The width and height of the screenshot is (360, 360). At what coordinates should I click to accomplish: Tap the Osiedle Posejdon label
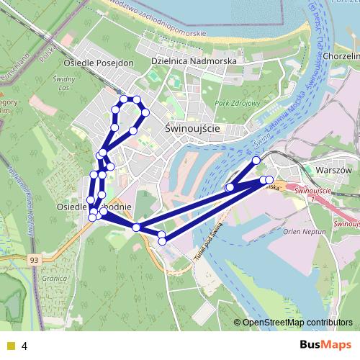94,63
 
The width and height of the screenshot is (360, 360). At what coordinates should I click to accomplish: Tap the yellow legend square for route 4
10,346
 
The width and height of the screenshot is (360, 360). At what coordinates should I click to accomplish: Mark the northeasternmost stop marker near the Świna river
256,160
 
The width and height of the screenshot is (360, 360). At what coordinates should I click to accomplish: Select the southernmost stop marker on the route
162,241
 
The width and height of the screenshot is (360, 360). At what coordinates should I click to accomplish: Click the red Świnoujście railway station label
312,191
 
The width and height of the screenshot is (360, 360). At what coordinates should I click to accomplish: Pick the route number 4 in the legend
24,346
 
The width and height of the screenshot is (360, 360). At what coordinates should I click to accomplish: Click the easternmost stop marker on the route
270,179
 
